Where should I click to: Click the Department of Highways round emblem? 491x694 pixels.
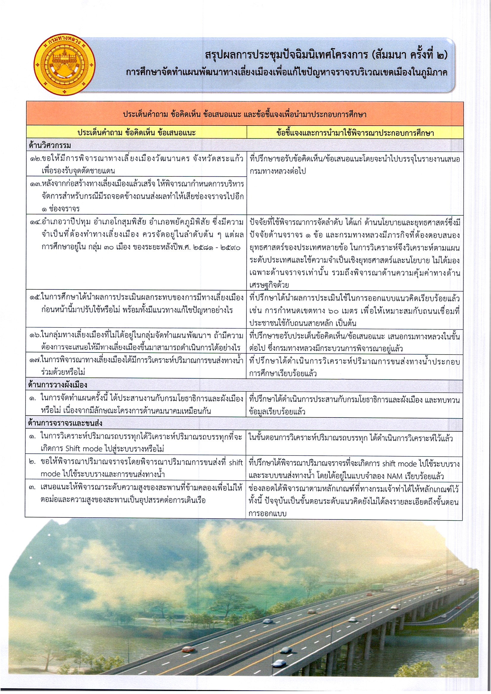(x=64, y=64)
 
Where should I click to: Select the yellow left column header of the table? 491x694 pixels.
(x=136, y=132)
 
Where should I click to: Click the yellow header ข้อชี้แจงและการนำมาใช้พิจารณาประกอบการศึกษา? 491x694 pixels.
(x=355, y=132)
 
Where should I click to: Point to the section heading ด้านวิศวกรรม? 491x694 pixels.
(x=50, y=146)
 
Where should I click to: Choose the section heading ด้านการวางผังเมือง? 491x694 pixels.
(x=58, y=385)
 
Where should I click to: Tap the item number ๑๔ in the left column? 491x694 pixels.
(x=35, y=222)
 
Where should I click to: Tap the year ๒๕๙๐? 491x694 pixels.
(x=230, y=248)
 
